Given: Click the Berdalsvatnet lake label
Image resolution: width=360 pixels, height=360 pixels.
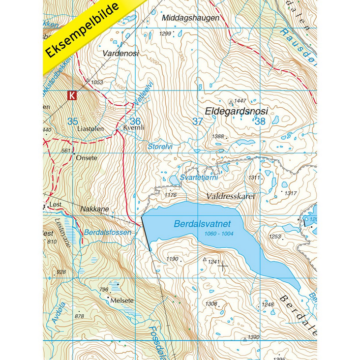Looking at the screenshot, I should [203, 223].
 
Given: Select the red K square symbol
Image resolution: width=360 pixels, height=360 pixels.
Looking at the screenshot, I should [72, 95].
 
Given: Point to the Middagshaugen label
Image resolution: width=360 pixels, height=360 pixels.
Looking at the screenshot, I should [190, 18].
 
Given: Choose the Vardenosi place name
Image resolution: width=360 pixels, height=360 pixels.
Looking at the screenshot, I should [120, 53].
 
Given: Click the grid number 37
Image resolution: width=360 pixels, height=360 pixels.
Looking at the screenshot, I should [197, 121].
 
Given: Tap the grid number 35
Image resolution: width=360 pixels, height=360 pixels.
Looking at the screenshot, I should [73, 121].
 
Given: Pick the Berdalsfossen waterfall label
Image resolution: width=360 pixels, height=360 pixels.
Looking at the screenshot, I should [107, 232].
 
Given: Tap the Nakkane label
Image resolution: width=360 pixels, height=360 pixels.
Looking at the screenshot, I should [94, 209].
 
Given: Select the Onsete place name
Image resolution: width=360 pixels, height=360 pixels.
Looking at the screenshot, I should [88, 158].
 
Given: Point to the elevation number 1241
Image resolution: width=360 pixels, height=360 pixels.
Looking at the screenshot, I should [213, 262].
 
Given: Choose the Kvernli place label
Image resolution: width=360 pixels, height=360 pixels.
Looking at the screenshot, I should [134, 127].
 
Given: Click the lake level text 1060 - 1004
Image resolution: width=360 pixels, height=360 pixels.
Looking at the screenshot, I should [217, 234].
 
